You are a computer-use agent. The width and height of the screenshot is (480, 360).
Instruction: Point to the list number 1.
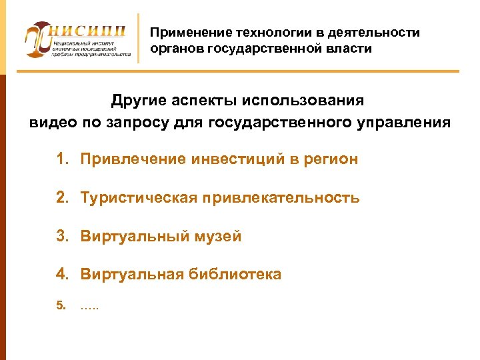tap(62, 159)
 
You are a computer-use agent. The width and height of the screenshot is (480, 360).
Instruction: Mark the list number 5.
tap(61, 307)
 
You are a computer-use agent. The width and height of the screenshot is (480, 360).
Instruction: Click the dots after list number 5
tap(89, 307)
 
